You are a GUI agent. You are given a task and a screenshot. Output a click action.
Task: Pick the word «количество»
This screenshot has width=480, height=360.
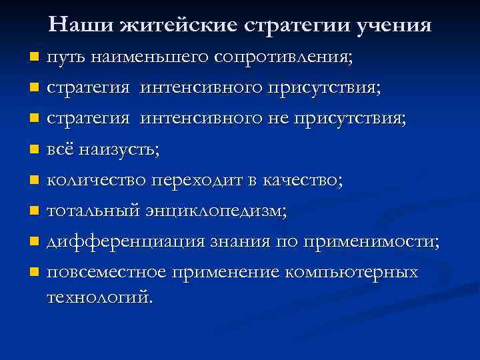coord(97,180)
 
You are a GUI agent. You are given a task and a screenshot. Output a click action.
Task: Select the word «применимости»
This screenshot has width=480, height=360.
coord(370,242)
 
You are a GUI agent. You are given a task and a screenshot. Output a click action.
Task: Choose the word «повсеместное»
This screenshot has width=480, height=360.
coord(107,273)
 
